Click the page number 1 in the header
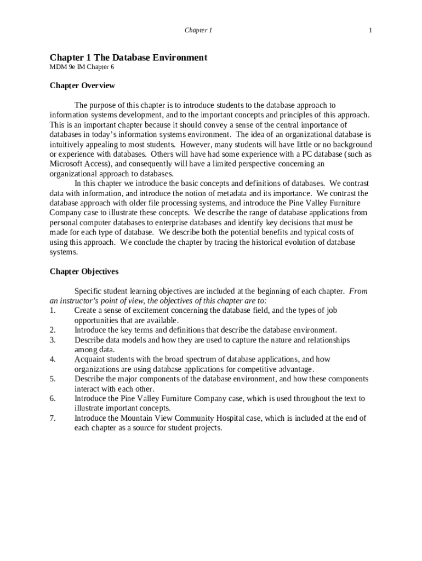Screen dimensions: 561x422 [x=370, y=30]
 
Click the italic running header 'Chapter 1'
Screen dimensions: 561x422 [x=198, y=30]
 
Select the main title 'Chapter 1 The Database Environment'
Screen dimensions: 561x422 [x=128, y=57]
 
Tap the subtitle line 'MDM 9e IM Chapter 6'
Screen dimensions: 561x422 [x=82, y=67]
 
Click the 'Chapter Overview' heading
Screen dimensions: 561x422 [x=82, y=85]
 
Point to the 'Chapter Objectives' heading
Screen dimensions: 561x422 [x=84, y=271]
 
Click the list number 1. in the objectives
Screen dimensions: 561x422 [x=53, y=310]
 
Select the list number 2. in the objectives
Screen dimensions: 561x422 [x=53, y=330]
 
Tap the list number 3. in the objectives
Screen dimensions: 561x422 [x=53, y=340]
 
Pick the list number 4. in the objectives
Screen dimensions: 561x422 [x=53, y=359]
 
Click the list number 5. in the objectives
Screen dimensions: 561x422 [x=53, y=379]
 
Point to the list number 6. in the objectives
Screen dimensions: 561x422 [x=53, y=398]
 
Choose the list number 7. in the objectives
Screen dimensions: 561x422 [x=53, y=418]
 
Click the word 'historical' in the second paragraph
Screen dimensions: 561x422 [x=257, y=242]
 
